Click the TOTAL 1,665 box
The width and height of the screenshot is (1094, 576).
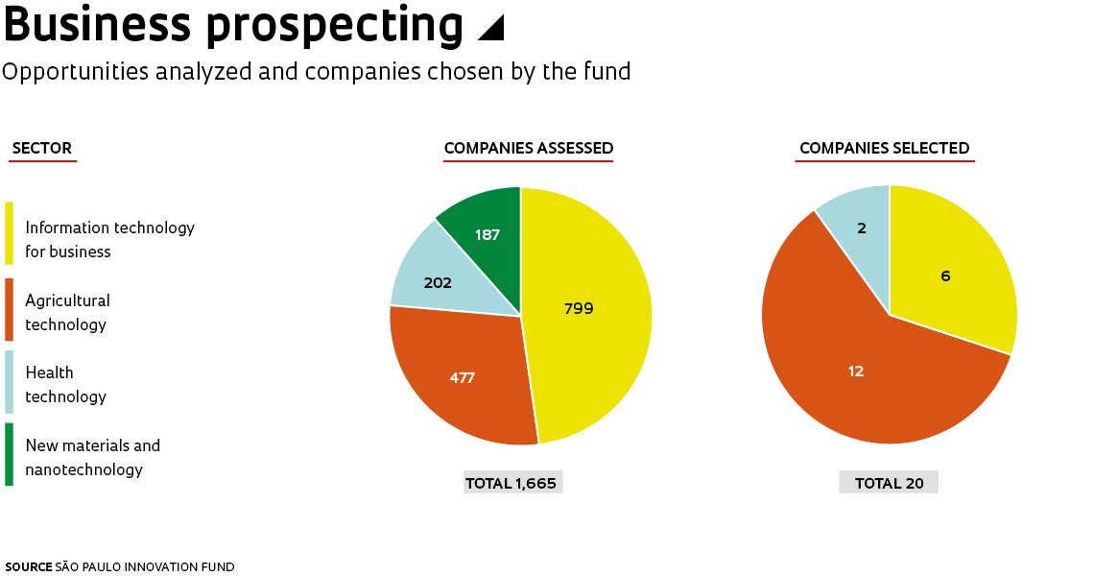511,483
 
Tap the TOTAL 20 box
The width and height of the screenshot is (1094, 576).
889,483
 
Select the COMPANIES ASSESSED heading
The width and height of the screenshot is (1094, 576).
528,149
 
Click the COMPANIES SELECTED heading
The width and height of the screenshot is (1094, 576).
884,149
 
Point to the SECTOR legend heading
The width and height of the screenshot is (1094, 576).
42,149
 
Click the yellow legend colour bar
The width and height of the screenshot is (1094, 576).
10,233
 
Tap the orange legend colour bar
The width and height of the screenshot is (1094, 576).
10,309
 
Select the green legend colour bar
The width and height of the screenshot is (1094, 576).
10,454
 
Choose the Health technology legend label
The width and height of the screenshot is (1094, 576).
65,384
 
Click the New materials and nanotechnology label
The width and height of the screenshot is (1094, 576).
92,457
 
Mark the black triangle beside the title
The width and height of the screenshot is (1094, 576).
491,29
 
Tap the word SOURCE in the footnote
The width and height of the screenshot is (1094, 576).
28,567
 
